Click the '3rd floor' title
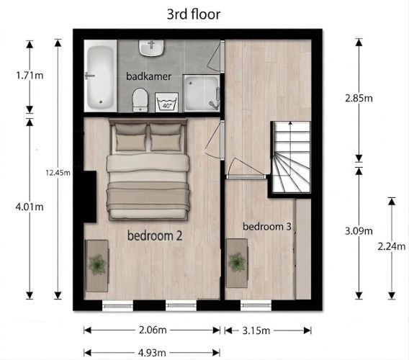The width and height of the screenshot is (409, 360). tap(194, 14)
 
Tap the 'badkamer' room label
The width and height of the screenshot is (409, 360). tap(148, 76)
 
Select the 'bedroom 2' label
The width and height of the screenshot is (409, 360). tap(155, 236)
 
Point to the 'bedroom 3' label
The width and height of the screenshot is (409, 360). tap(267, 226)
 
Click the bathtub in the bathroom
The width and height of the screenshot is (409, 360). tap(100, 77)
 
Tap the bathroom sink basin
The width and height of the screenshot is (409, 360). tap(151, 48)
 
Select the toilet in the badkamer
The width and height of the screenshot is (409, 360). tap(140, 100)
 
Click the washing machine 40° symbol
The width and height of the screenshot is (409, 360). tap(167, 102)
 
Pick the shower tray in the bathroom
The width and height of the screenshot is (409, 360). tap(202, 93)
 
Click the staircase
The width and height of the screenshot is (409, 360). tap(291, 157)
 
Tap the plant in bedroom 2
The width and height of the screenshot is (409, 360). tap(97, 265)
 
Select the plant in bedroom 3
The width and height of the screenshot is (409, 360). tap(237, 262)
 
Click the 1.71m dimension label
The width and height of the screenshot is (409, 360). tap(30, 76)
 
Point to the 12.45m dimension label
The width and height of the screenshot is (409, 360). tap(58, 172)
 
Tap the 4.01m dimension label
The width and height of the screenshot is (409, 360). tap(30, 207)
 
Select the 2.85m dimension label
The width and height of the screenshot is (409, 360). tap(359, 99)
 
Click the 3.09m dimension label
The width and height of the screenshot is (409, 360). tap(359, 231)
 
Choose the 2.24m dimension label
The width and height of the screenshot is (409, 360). tap(392, 246)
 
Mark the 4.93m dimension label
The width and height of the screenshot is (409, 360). tap(152, 353)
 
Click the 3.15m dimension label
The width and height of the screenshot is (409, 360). tap(256, 330)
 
